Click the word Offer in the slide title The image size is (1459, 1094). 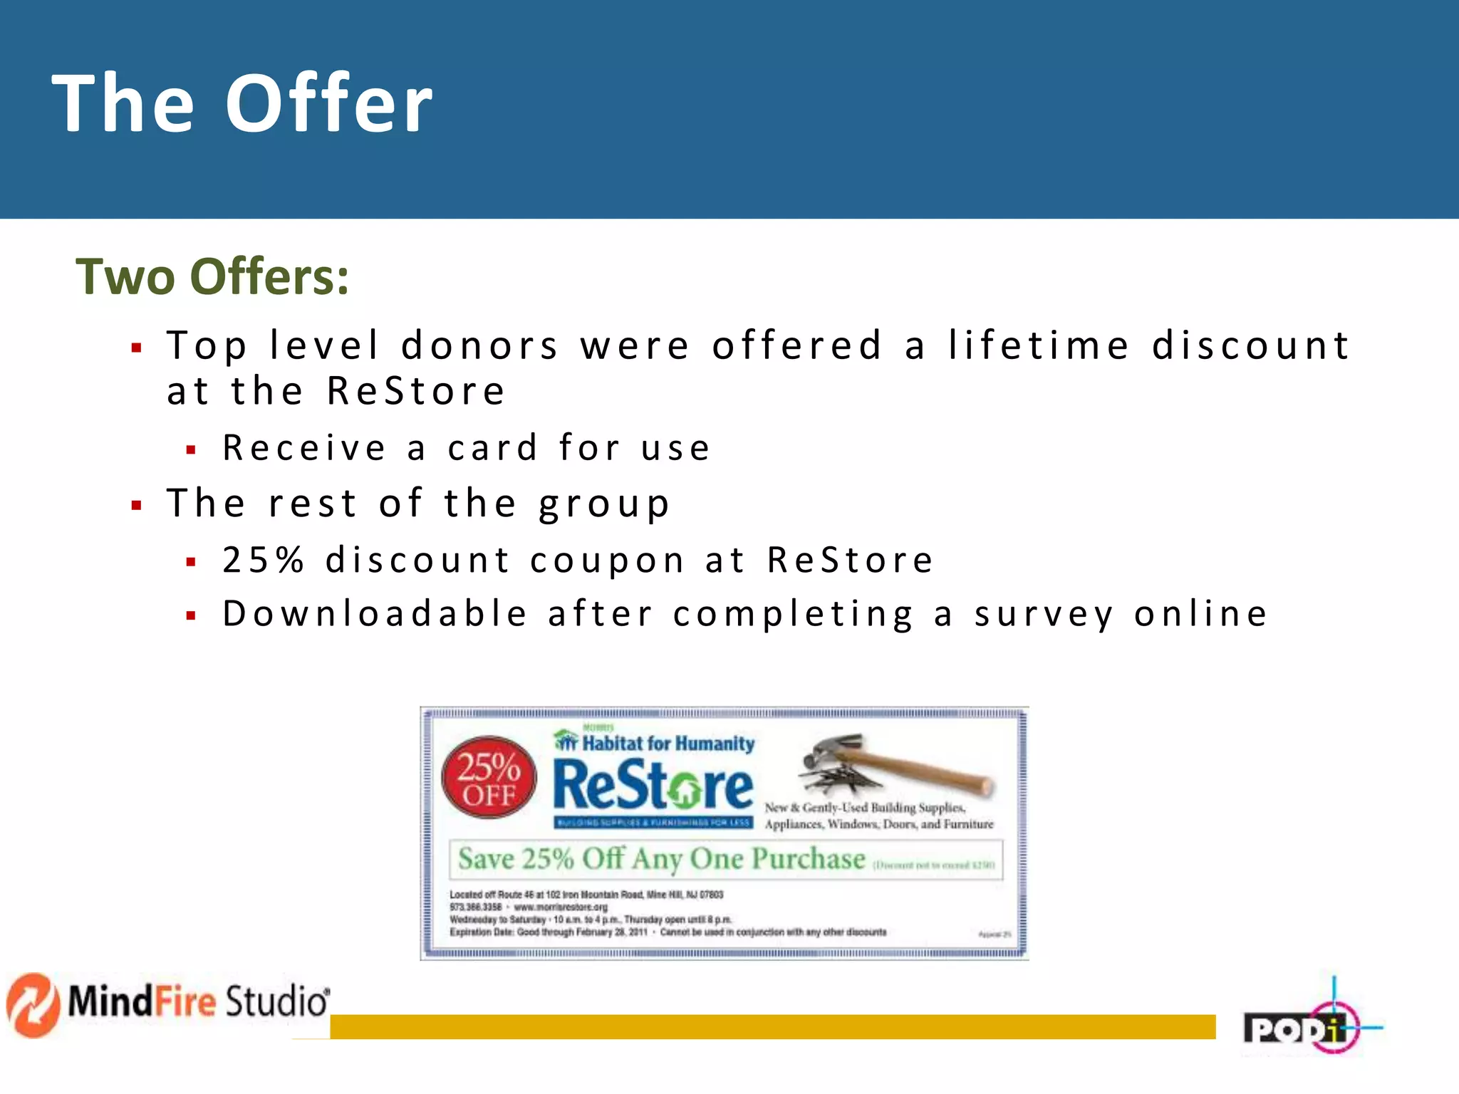click(329, 104)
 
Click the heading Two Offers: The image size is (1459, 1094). click(212, 276)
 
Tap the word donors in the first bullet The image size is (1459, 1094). click(479, 345)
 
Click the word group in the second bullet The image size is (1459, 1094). click(604, 504)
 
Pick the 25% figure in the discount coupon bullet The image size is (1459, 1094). click(263, 560)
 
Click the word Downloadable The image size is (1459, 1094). click(375, 614)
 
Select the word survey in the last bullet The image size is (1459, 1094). click(1044, 614)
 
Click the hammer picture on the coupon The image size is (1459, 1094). click(898, 766)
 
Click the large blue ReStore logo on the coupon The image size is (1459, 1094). click(653, 786)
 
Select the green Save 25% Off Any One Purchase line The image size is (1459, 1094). click(661, 859)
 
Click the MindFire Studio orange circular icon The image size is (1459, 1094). click(33, 1004)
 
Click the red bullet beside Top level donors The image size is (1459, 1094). click(136, 348)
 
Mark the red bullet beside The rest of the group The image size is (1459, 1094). click(136, 506)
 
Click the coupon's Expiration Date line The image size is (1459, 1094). click(668, 932)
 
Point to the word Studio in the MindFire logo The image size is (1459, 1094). click(277, 1001)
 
